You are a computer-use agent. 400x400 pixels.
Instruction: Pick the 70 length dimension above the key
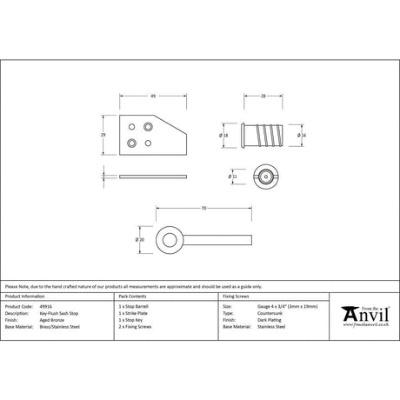[x=203, y=209]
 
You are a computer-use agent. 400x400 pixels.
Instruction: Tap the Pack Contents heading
[x=133, y=298]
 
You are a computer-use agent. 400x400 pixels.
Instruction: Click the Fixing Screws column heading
[x=237, y=298]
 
